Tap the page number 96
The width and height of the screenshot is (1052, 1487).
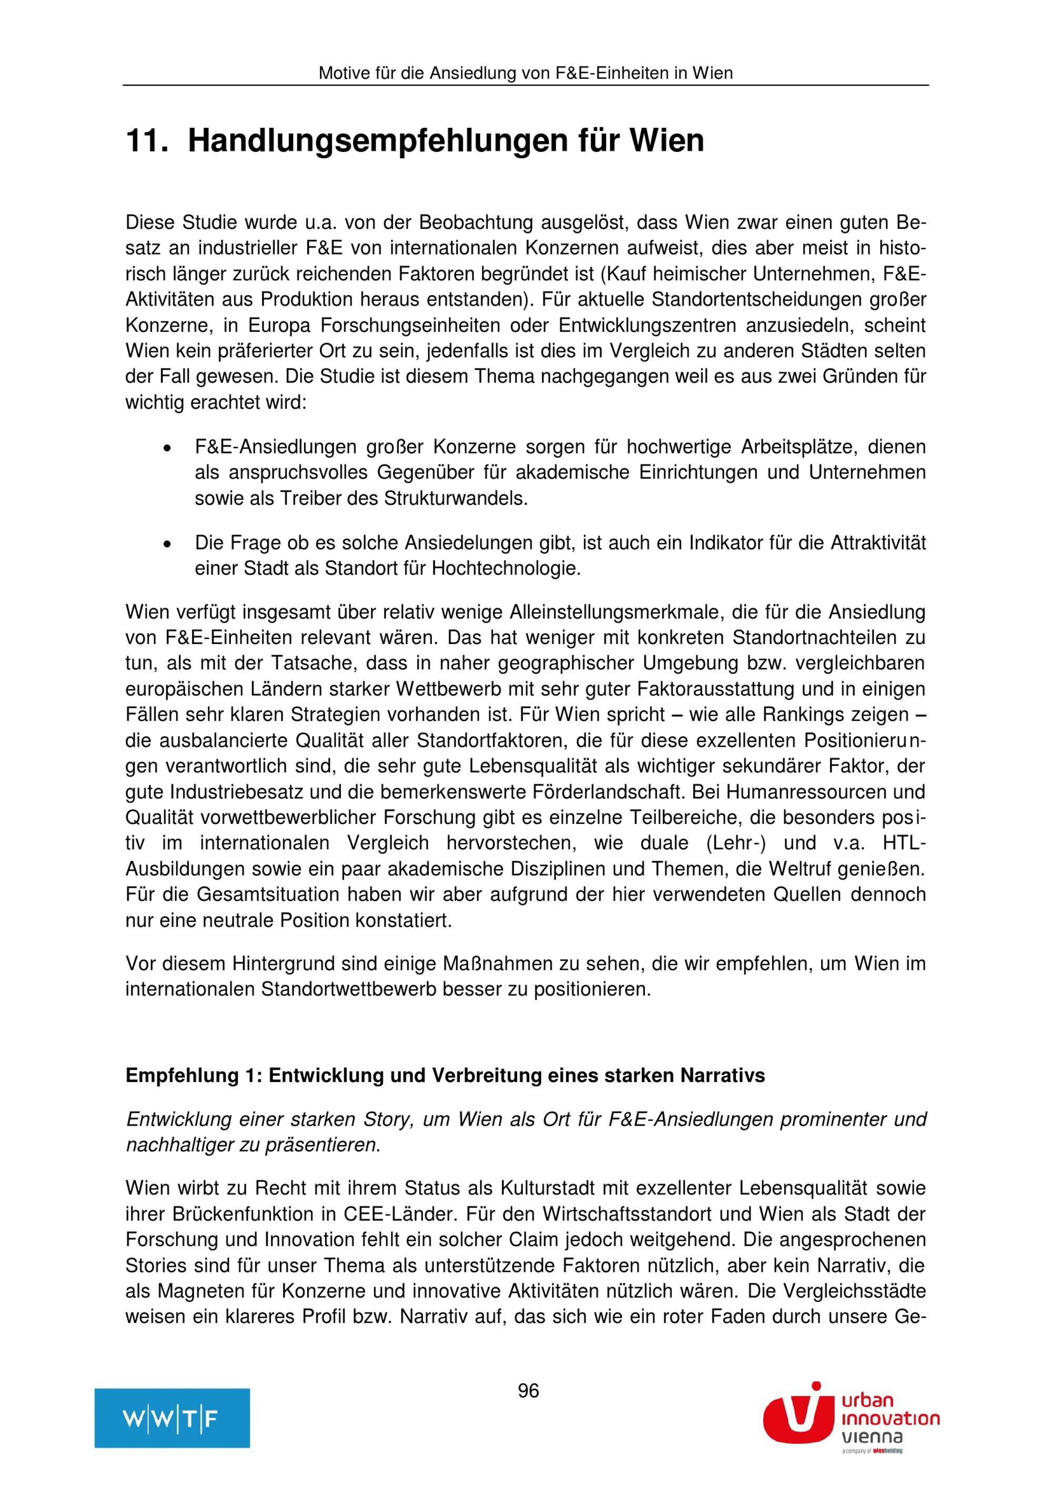tap(528, 1390)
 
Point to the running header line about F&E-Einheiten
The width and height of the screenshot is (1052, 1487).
tap(525, 73)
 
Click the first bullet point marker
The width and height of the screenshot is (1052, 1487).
tap(167, 447)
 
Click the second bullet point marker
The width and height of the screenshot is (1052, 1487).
tap(167, 543)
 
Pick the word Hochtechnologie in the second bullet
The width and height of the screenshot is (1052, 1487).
tap(506, 568)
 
